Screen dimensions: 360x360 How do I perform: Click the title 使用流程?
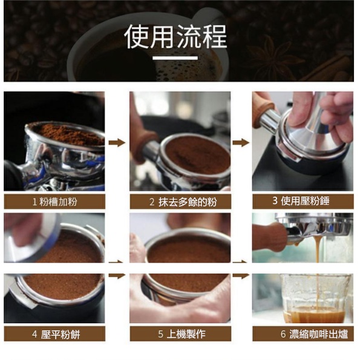[175, 37]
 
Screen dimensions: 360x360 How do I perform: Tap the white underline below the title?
[175, 58]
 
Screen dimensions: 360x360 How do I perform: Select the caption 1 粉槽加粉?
[54, 202]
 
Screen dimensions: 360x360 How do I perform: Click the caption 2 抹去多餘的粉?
[183, 202]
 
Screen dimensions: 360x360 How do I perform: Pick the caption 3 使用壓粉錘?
[301, 201]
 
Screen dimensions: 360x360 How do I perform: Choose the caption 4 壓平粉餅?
[56, 334]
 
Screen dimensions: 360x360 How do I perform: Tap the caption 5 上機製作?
[182, 334]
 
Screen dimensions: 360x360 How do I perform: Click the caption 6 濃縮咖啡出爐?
[314, 334]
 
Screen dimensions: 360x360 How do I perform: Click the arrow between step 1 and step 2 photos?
[117, 143]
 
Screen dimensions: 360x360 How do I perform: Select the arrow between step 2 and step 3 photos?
[241, 143]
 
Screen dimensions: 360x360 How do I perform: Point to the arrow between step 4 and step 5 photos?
[117, 275]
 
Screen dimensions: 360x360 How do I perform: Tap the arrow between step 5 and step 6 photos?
[241, 275]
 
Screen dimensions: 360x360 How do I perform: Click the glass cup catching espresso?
[315, 298]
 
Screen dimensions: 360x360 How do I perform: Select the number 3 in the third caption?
[275, 201]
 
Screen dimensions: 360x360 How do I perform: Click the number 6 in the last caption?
[283, 334]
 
